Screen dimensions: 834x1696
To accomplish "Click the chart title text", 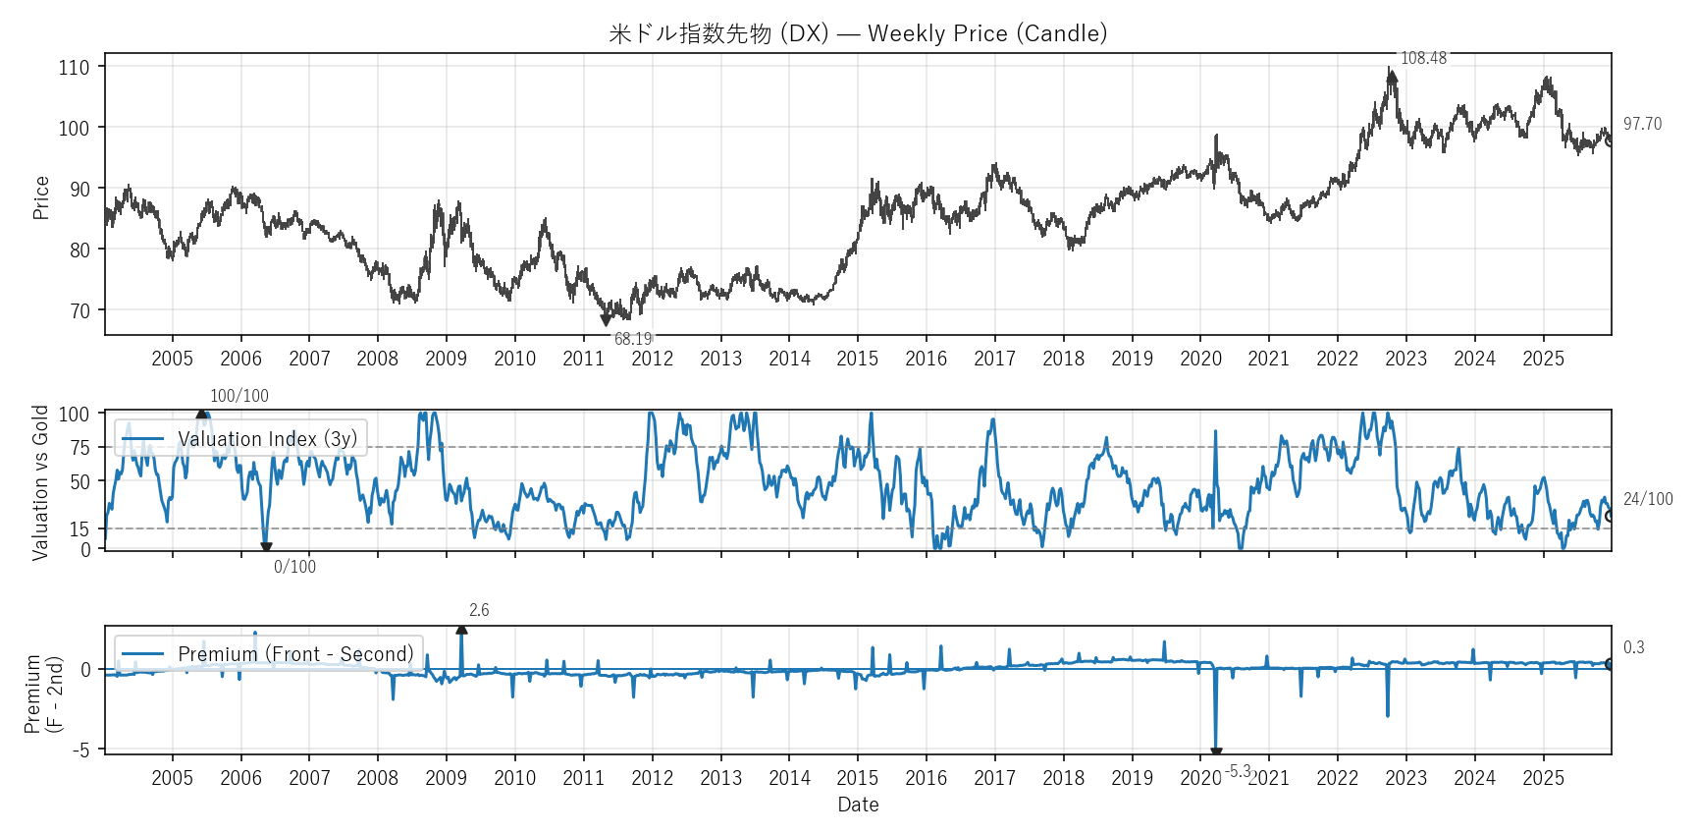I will point(858,33).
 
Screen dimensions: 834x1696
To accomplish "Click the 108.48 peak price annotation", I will point(1423,59).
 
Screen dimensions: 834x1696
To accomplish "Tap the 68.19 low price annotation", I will point(633,339).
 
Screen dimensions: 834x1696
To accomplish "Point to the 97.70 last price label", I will point(1642,124).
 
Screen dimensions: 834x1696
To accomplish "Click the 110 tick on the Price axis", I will point(74,68).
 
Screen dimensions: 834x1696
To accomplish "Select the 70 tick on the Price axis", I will point(79,311).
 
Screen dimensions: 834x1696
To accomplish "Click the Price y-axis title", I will point(41,197).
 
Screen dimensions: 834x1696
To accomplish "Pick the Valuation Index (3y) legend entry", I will point(267,439).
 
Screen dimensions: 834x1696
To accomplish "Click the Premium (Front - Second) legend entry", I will point(295,654).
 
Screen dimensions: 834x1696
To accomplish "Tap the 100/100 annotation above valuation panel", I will point(238,396).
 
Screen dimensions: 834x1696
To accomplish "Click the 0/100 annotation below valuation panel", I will point(294,567).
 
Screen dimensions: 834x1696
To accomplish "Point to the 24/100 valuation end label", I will point(1648,499).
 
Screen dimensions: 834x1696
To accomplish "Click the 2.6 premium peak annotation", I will point(479,610).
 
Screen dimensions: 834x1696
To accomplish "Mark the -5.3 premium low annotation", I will point(1238,771).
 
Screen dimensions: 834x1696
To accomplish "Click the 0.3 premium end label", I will point(1633,647).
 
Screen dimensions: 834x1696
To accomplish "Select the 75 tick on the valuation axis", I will point(79,448).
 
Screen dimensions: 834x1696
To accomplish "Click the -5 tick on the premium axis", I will point(80,750).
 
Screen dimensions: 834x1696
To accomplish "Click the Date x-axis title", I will point(858,805).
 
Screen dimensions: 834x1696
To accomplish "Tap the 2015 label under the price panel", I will point(857,359).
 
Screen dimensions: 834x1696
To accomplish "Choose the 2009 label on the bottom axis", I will point(446,778).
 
